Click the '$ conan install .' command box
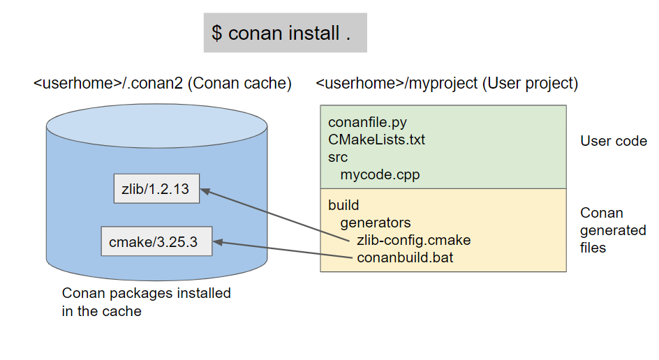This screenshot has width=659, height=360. coord(285,33)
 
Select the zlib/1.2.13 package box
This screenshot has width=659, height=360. coord(156,188)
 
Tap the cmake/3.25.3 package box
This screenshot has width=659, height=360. coord(156,242)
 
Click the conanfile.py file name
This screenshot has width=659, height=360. coord(367,123)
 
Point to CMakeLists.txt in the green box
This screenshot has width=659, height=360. coord(376,140)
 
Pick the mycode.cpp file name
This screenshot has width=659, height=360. coord(380,174)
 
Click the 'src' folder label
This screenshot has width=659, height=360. coord(338,157)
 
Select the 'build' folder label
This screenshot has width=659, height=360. coord(343,205)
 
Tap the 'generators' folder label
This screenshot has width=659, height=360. coord(376,223)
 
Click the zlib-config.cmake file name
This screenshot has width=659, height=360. coord(413,240)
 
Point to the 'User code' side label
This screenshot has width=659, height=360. coord(614,141)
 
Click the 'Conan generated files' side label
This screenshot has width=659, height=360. coord(613,230)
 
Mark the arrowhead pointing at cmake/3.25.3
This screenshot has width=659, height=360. coord(219,242)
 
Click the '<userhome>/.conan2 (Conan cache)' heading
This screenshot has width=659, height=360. coord(163,84)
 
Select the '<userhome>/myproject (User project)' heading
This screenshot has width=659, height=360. coord(447,84)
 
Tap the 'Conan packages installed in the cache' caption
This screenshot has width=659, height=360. coord(146,302)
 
